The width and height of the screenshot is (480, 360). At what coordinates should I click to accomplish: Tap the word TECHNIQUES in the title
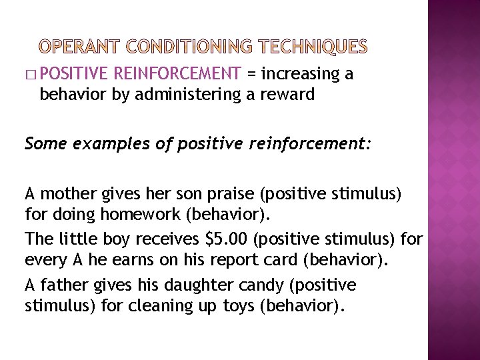pyautogui.click(x=313, y=46)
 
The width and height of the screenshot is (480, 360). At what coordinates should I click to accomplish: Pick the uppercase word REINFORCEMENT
pyautogui.click(x=177, y=73)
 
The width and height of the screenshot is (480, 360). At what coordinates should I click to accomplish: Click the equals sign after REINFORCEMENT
pyautogui.click(x=251, y=74)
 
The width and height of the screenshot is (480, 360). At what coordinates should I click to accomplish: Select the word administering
pyautogui.click(x=188, y=94)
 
